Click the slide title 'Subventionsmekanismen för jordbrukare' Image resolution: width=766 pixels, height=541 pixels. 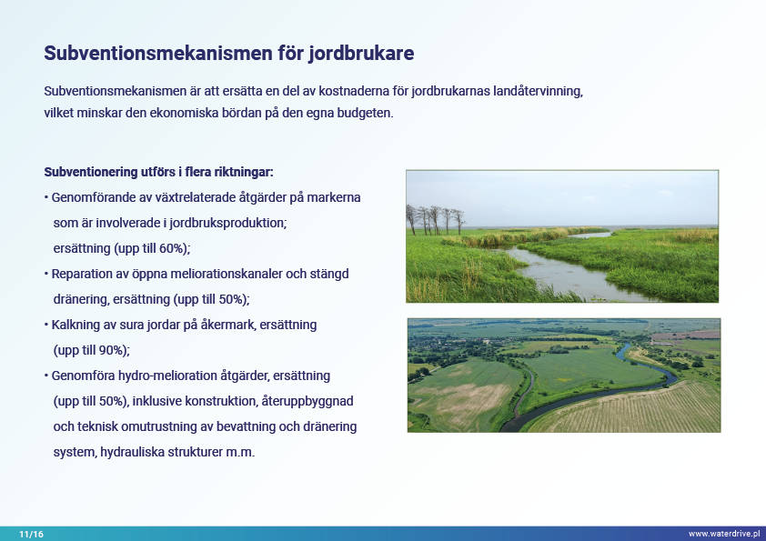point(228,54)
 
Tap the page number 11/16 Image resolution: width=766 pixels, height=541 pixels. point(31,534)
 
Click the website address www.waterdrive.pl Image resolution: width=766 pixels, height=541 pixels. point(724,534)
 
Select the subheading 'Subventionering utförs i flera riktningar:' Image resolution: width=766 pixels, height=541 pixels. point(159,173)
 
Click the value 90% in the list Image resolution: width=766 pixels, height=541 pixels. point(113,350)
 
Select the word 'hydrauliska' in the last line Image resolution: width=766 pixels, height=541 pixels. point(133,452)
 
